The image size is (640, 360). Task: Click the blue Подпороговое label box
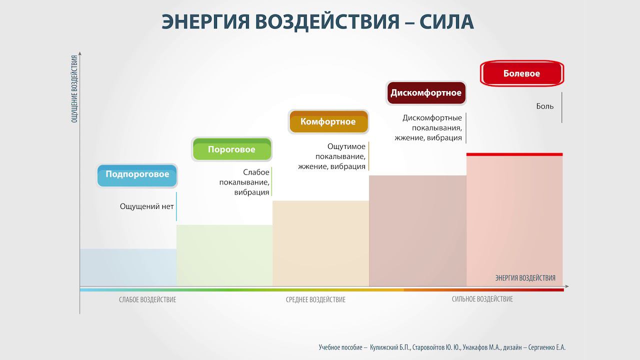tap(137, 175)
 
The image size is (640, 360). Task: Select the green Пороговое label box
tap(231, 149)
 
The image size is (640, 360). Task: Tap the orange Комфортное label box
tap(328, 122)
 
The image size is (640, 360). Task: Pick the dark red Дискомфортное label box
tap(426, 93)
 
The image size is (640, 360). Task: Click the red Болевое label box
tap(521, 73)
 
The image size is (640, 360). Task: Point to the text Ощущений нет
tap(146, 206)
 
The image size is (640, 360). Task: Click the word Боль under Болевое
tap(545, 106)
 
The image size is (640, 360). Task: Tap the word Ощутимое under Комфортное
tap(346, 146)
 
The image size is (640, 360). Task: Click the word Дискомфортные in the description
tap(432, 118)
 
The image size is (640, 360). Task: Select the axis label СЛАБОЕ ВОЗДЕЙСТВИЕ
tap(147, 300)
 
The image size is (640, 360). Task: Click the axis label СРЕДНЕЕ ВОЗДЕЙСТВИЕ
tap(315, 300)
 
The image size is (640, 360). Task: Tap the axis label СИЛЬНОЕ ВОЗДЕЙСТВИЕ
tap(482, 299)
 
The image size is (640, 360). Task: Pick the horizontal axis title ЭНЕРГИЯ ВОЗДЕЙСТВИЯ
tap(525, 278)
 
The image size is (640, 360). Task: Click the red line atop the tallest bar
tap(514, 154)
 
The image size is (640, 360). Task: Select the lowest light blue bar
tap(128, 267)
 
